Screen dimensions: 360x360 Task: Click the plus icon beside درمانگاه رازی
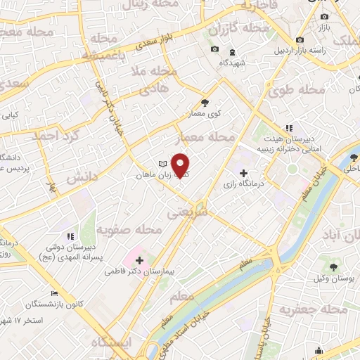pos(243,173)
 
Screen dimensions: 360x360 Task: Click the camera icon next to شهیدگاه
pos(215,49)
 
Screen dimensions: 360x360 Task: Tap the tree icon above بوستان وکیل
pos(332,267)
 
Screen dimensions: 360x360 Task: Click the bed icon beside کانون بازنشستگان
pos(54,293)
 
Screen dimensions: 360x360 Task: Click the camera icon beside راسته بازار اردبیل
pos(301,39)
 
